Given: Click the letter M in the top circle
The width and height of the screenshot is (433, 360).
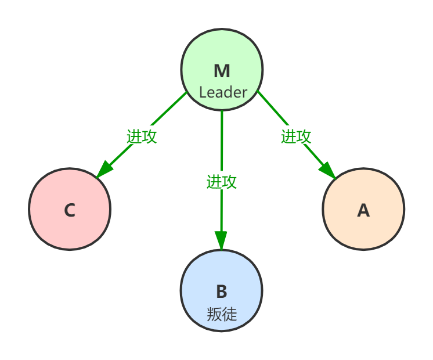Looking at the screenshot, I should (x=222, y=71).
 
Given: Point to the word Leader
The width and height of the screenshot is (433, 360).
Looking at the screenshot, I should (x=223, y=92).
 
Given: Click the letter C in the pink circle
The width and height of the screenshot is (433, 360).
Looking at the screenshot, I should (x=70, y=210).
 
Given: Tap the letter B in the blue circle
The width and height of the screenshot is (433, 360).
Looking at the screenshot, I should (x=221, y=291).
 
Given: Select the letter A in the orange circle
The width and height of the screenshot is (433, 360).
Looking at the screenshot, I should (x=363, y=210).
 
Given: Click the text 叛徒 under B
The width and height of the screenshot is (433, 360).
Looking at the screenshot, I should (x=222, y=314).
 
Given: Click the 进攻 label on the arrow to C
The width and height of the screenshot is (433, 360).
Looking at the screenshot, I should (x=142, y=136).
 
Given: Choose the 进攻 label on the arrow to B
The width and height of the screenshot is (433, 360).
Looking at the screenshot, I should (x=221, y=181).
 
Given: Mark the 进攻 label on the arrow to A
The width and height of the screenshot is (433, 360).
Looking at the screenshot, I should (x=296, y=136).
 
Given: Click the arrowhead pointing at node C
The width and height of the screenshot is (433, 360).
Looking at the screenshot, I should (x=103, y=170).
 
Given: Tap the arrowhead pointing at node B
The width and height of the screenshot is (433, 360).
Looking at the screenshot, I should (x=221, y=240).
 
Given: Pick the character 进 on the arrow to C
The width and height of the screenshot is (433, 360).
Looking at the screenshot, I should (x=135, y=136).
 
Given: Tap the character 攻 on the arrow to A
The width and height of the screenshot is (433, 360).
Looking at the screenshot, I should (x=304, y=136).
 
